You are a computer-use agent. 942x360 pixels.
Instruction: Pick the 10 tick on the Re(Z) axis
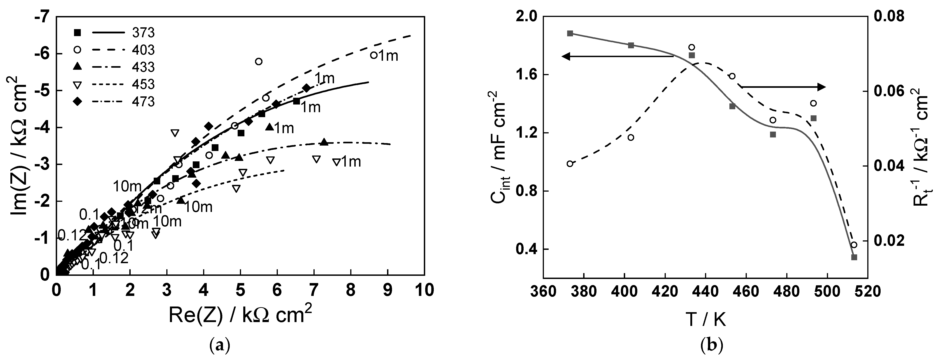click(424, 290)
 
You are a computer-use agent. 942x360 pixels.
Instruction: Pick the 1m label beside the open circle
click(388, 56)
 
